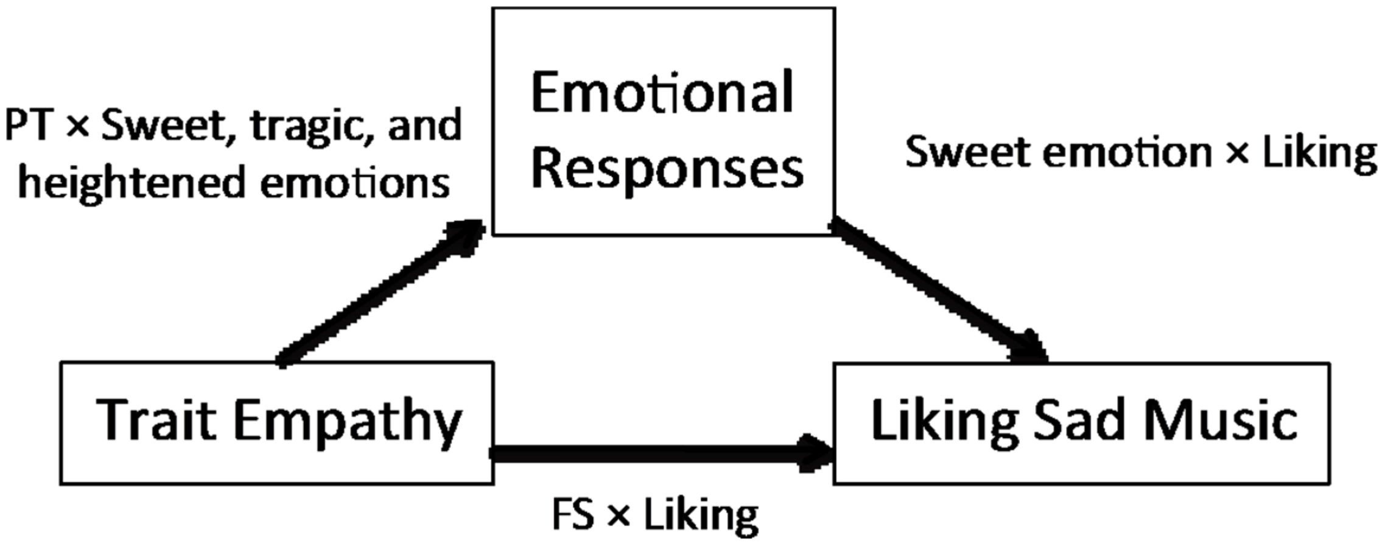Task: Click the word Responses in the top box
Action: point(667,169)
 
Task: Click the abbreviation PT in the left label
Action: point(27,127)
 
